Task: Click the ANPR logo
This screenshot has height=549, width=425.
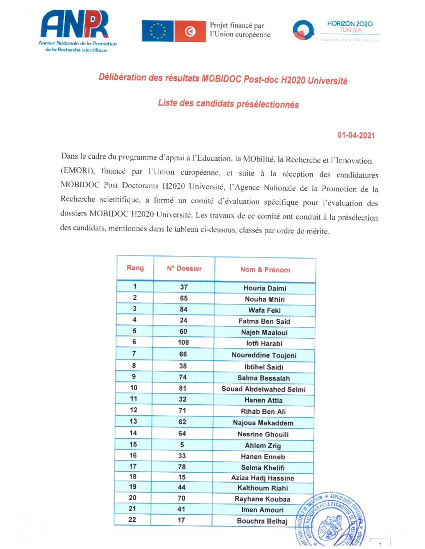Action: tap(75, 25)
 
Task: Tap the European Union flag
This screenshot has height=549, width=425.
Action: tap(158, 31)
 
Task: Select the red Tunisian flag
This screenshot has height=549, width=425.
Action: tap(190, 31)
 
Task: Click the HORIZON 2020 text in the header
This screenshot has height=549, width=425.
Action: tap(350, 24)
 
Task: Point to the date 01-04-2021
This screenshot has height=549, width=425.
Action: tap(356, 135)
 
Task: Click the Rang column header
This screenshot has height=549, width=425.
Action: tap(135, 268)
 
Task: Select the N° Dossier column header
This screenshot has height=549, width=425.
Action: tap(184, 268)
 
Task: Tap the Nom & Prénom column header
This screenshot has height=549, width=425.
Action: tap(265, 269)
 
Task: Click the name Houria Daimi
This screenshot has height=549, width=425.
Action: tap(265, 288)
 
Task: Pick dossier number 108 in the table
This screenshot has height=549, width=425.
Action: tap(183, 342)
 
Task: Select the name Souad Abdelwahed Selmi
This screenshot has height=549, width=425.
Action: tap(264, 389)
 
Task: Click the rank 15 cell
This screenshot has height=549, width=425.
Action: tap(133, 444)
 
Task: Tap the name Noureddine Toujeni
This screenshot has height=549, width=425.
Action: tap(264, 355)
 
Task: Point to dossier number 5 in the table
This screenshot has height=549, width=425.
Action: tap(182, 445)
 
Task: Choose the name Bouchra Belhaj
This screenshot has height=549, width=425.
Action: tap(262, 521)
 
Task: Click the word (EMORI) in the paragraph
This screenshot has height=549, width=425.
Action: tap(77, 171)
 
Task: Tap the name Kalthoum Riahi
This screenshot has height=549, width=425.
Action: tap(262, 488)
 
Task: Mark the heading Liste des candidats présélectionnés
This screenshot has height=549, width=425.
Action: tap(228, 104)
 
